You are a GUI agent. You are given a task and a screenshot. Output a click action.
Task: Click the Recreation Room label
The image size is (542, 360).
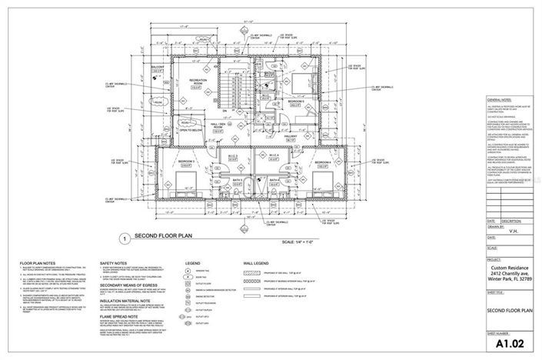(186, 82)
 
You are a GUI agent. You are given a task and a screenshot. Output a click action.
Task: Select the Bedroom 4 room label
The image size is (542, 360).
(324, 162)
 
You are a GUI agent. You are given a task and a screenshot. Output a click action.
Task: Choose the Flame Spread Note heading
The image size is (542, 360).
(125, 315)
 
